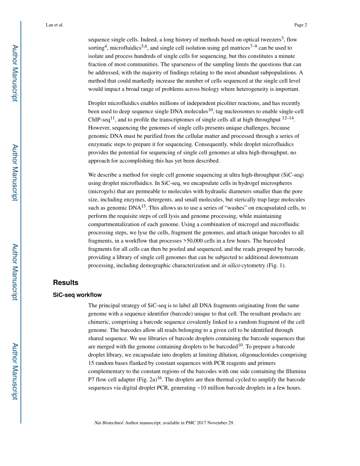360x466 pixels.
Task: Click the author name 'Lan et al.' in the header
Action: coord(55,25)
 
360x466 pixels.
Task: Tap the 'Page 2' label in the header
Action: coord(300,25)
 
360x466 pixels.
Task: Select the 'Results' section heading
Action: coord(66,283)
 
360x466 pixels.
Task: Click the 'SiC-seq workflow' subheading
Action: coord(77,295)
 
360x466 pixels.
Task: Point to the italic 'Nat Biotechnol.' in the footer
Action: coord(108,423)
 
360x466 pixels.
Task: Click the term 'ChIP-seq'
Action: coord(99,120)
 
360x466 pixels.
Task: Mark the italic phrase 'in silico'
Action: coord(230,266)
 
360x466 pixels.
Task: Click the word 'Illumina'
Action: coord(294,372)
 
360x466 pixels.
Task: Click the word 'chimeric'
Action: coord(99,322)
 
